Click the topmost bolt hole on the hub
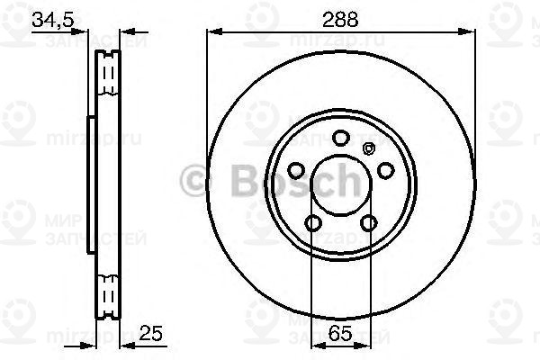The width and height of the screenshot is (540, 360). [339, 138]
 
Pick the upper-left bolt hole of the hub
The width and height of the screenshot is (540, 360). [295, 170]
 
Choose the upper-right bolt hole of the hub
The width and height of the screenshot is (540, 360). [384, 170]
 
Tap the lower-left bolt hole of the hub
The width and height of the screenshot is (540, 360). [312, 222]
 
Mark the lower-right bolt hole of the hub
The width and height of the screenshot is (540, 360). [367, 222]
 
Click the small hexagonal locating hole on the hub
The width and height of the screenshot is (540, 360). [366, 149]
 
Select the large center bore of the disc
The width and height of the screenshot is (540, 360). [339, 185]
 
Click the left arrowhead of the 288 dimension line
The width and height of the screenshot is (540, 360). [212, 32]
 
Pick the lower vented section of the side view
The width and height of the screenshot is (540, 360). [108, 292]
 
